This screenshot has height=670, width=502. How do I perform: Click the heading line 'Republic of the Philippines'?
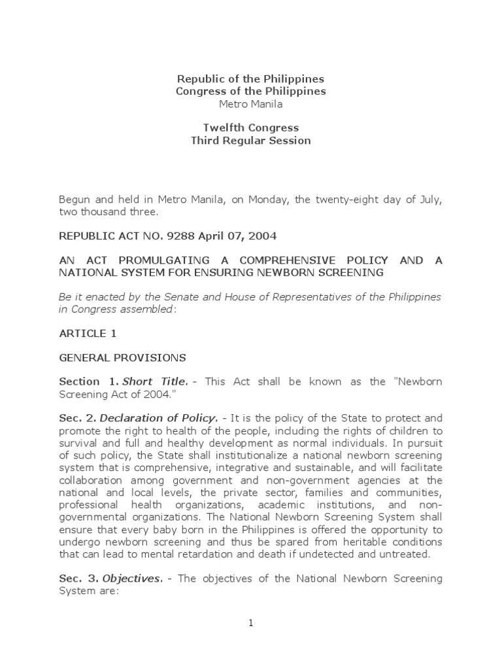coord(251,79)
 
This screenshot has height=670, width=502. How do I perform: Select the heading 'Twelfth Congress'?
coord(251,128)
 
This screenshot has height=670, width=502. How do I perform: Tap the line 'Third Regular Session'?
coord(251,141)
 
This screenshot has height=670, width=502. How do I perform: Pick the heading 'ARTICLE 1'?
coord(88,333)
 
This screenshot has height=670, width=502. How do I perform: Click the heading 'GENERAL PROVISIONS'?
coord(122,358)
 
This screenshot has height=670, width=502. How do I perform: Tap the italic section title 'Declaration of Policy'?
coord(153,419)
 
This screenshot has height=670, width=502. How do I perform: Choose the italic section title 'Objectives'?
coord(131,578)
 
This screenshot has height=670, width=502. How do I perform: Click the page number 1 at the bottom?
coord(250,624)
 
